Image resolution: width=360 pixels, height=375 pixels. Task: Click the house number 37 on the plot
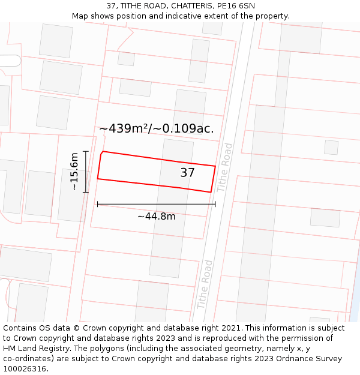[187, 173]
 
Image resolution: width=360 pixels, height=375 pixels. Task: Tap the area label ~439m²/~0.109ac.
[157, 128]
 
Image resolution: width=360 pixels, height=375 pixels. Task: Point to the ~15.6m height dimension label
[74, 172]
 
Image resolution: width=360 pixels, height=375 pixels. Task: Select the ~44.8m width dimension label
[157, 216]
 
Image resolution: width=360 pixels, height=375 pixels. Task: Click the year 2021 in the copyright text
[232, 328]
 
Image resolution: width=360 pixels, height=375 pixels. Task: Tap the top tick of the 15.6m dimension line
[86, 151]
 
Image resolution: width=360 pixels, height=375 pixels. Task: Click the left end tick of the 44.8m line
[97, 204]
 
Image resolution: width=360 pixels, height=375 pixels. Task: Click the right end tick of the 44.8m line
[215, 204]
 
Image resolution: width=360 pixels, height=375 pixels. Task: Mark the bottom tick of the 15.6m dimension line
[86, 192]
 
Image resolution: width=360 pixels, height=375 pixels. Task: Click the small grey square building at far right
[331, 147]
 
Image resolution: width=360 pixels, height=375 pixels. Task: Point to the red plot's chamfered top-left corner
[102, 153]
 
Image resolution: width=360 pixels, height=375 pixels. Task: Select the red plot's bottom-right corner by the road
[211, 192]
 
